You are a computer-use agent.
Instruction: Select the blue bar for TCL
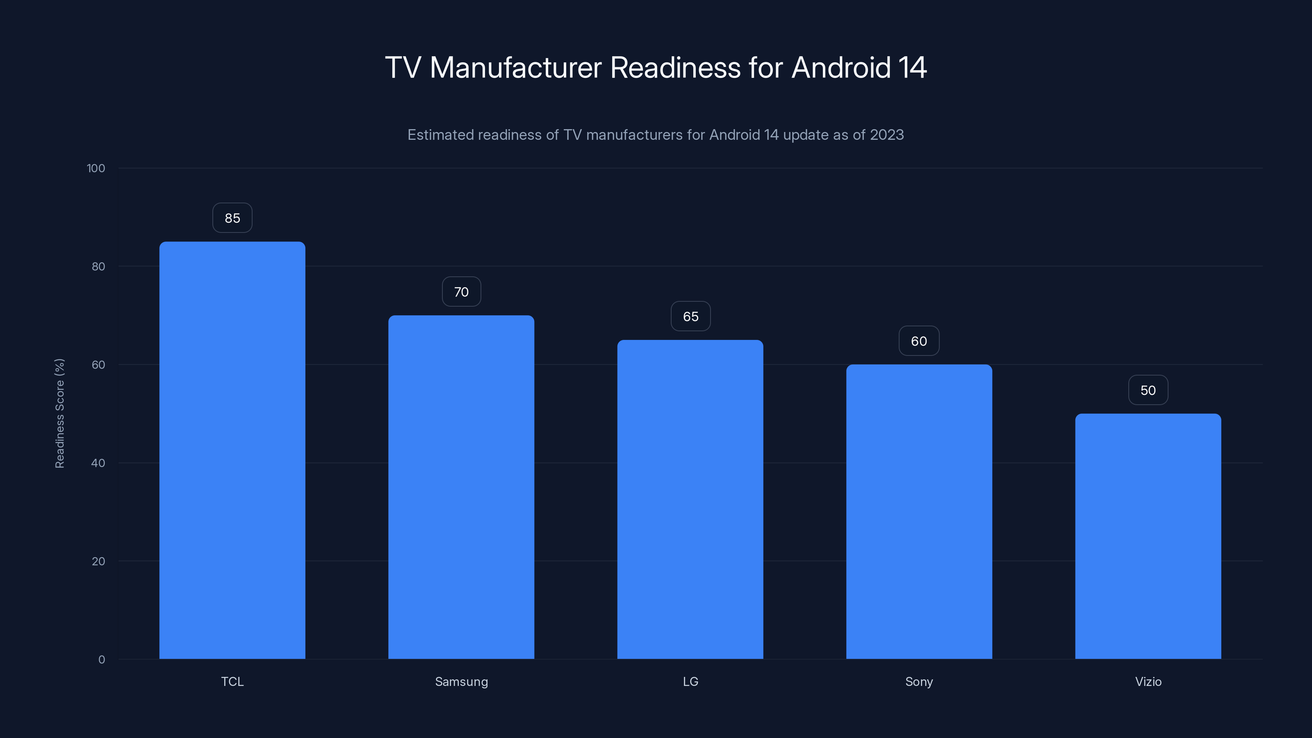[x=232, y=450]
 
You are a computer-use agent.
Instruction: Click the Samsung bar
[x=461, y=487]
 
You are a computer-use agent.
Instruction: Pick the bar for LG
[x=690, y=499]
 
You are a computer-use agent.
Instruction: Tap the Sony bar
[x=919, y=511]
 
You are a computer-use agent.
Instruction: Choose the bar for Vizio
[x=1148, y=536]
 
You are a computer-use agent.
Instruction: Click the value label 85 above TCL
[x=232, y=218]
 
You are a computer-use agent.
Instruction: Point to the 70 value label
[x=461, y=292]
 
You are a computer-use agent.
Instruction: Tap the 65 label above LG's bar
[x=690, y=316]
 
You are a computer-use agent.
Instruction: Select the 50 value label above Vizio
[x=1148, y=390]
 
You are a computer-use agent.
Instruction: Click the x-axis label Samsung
[x=461, y=681]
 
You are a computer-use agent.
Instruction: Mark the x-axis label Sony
[x=919, y=681]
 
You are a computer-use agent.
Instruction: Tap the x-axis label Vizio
[x=1148, y=681]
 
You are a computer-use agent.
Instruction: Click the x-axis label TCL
[x=232, y=681]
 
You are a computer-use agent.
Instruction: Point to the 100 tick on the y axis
[x=96, y=168]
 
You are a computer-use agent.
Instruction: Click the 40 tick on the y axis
[x=98, y=463]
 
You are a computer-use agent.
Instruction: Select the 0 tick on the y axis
[x=101, y=660]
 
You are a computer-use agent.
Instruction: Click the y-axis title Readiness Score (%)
[x=59, y=413]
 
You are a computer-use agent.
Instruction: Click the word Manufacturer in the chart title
[x=515, y=67]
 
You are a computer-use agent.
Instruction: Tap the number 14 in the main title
[x=912, y=67]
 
